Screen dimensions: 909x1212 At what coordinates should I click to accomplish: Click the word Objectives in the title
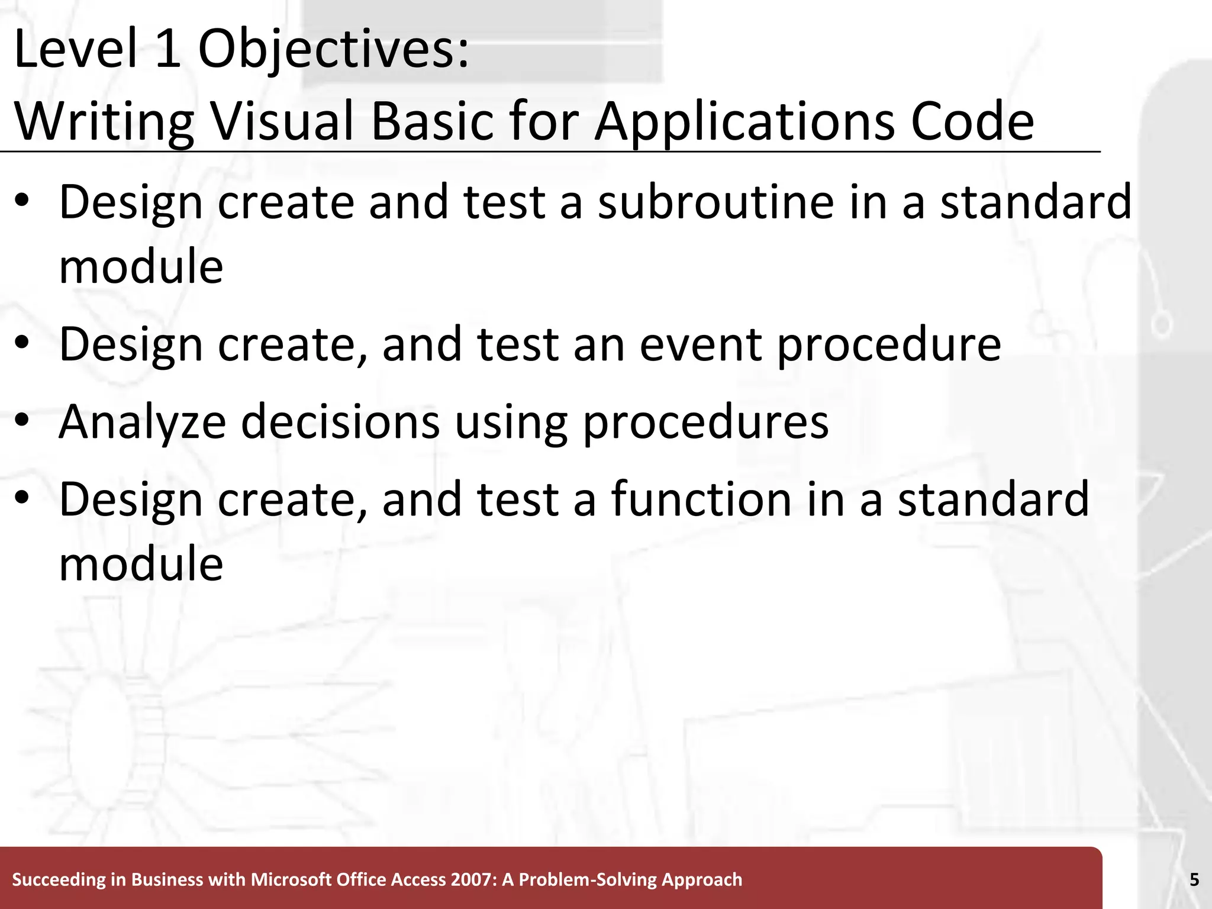pos(333,50)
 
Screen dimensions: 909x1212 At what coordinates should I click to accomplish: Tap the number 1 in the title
pos(168,50)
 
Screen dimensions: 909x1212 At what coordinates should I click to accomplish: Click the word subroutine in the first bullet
pos(716,202)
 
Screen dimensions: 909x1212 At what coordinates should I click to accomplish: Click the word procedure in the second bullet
pos(888,344)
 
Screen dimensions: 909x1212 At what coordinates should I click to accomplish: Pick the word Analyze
pos(143,422)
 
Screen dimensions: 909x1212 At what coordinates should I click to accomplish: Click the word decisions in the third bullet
pos(340,422)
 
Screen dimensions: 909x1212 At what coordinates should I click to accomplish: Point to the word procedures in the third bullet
pos(705,422)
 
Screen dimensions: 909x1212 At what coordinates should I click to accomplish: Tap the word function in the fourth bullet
pos(701,499)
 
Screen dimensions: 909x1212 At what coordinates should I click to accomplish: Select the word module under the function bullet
pos(141,563)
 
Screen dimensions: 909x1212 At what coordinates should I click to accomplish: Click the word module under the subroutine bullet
pos(141,266)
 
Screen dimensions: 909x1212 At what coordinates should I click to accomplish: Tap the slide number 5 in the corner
pos(1194,880)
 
